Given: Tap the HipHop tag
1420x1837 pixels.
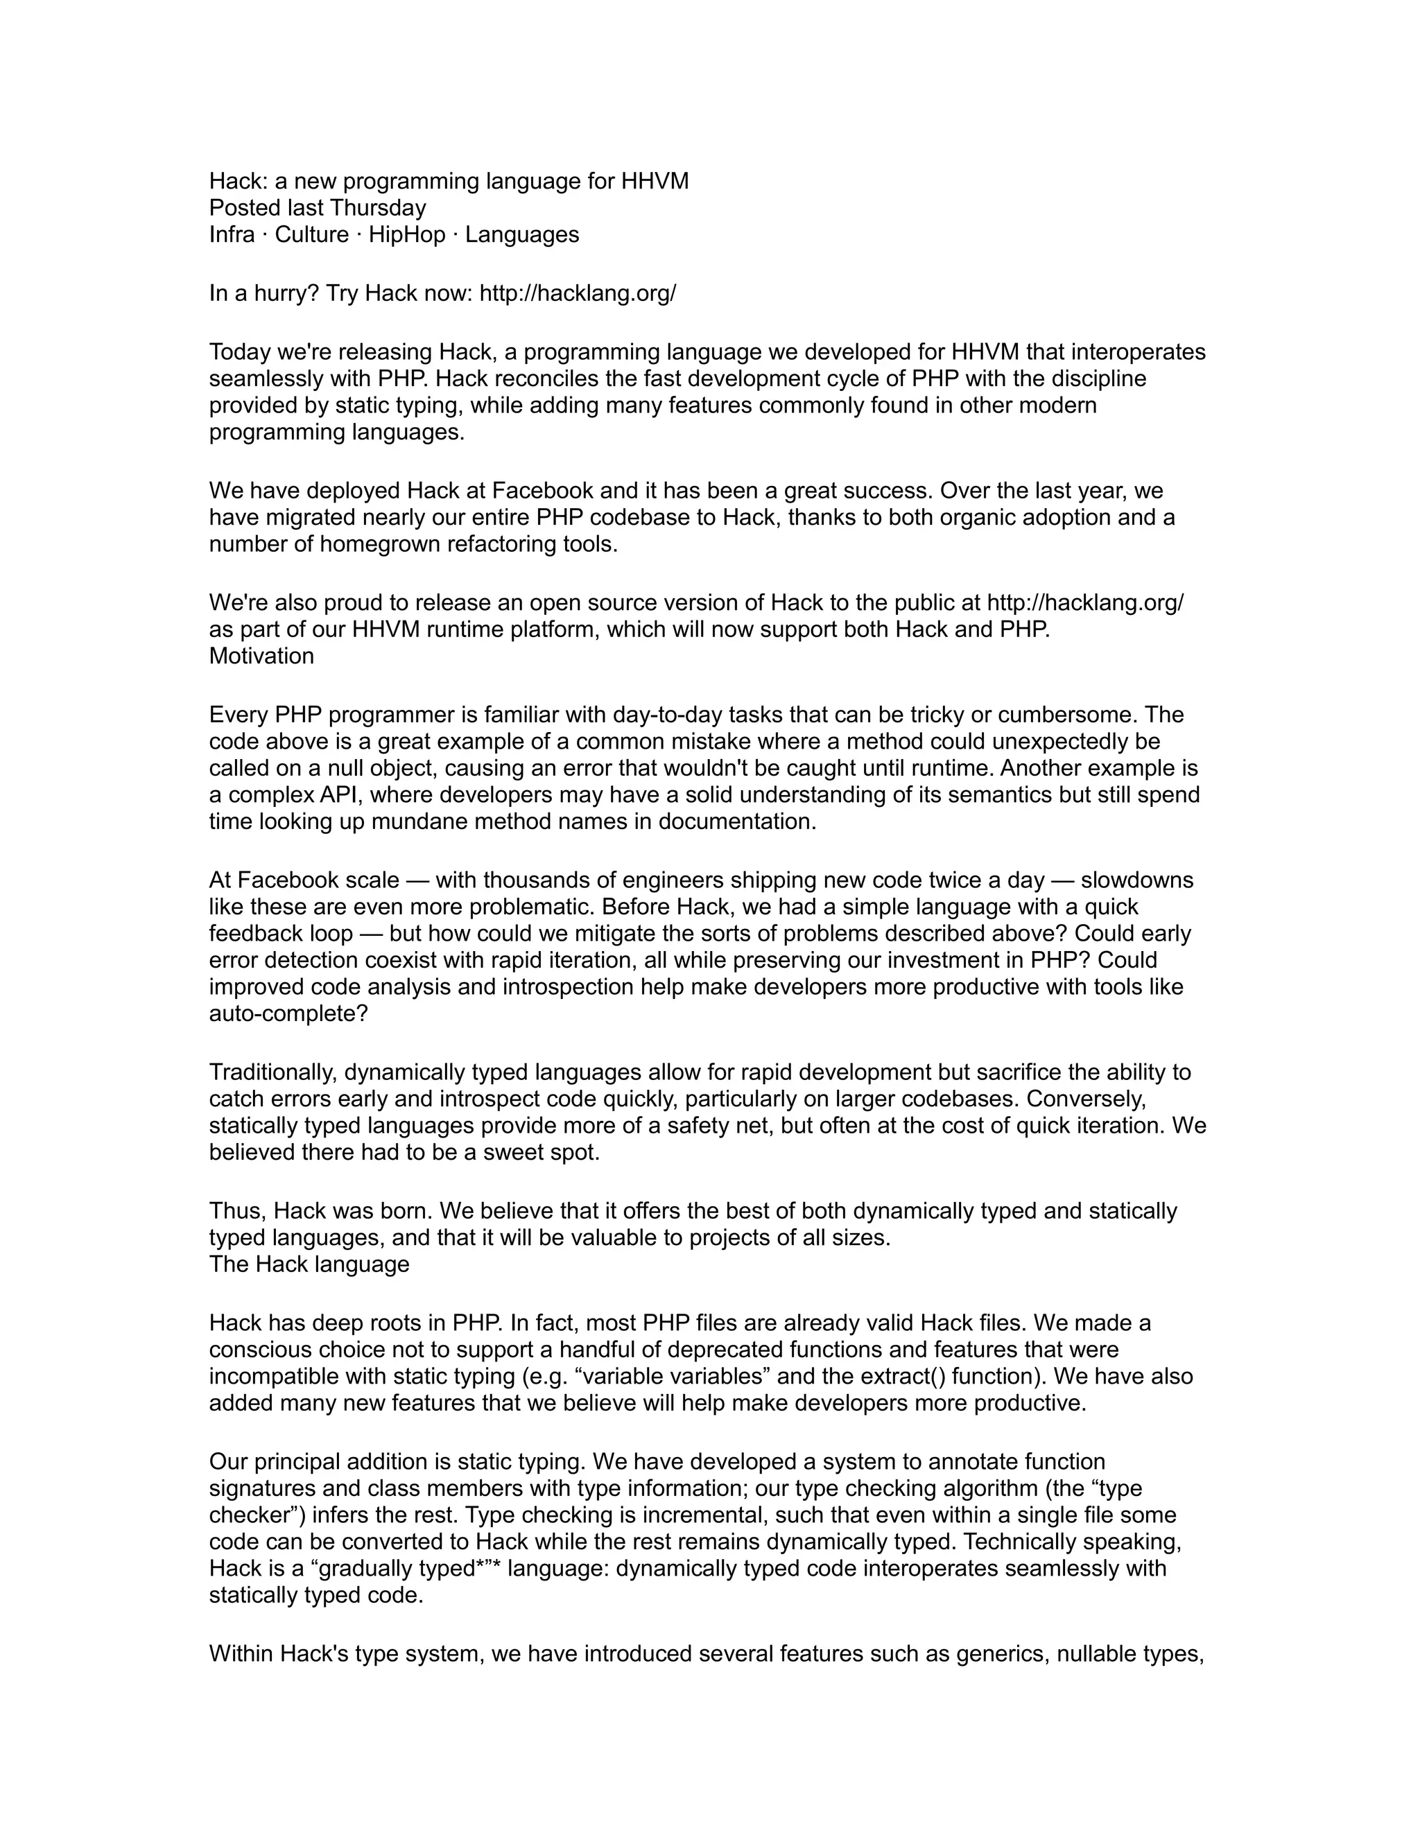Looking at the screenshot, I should [x=406, y=235].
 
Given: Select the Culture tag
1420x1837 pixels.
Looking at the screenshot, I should [x=311, y=235].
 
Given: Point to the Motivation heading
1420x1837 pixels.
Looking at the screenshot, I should [x=261, y=656].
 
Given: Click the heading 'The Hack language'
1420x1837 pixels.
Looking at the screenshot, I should [x=309, y=1264].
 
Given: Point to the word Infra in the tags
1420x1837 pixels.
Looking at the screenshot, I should [x=232, y=235].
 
